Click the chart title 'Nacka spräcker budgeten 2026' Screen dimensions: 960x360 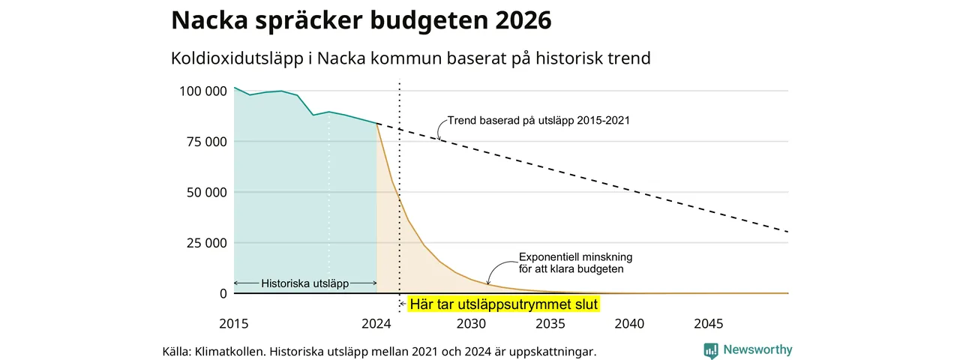pos(361,20)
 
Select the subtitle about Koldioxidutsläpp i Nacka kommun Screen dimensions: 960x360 pos(410,58)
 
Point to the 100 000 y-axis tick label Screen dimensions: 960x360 pos(203,91)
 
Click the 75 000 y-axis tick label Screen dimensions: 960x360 pos(206,142)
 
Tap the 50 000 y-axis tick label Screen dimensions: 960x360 pos(206,193)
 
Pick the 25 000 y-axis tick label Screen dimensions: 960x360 pos(206,243)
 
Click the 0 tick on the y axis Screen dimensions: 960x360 pos(223,293)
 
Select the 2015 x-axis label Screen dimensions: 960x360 pos(233,323)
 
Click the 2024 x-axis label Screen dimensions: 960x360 pos(376,323)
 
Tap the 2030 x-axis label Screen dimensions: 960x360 pos(471,323)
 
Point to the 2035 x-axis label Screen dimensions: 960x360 pos(550,323)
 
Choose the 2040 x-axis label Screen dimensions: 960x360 pos(629,323)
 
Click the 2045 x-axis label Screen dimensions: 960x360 pos(709,323)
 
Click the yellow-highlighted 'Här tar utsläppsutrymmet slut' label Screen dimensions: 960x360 pos(503,304)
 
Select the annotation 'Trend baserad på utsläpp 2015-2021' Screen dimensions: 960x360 pos(538,121)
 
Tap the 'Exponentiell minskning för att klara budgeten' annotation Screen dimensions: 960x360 pos(575,263)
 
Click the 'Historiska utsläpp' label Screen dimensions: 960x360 pos(304,283)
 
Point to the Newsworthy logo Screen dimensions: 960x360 pos(748,349)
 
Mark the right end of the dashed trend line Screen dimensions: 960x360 pos(788,232)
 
